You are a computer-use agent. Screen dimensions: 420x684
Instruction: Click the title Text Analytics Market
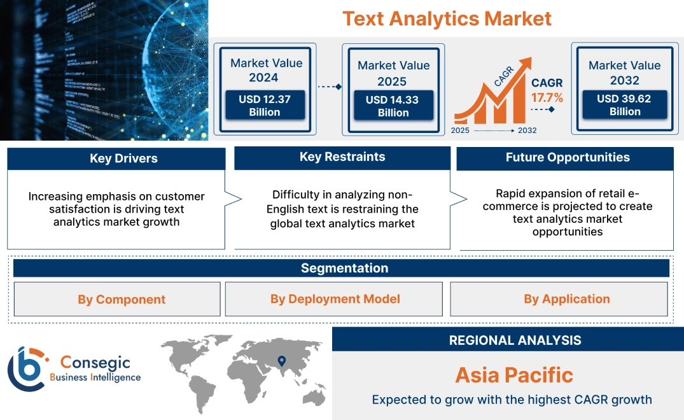click(447, 18)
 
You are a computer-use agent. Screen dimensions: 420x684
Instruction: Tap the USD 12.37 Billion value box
click(264, 106)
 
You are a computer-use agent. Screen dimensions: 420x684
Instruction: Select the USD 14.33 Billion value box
click(393, 106)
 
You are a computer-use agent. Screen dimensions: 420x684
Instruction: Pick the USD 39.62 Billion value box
click(624, 105)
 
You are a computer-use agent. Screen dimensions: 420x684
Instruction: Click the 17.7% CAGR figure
click(547, 98)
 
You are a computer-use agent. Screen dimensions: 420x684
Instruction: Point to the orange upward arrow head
click(525, 64)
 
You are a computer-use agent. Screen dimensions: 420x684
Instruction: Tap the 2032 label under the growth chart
click(527, 130)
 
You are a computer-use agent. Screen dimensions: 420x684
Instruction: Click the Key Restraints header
click(342, 157)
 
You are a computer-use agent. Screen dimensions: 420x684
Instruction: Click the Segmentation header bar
click(344, 268)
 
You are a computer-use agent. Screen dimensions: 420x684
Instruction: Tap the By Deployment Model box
click(335, 299)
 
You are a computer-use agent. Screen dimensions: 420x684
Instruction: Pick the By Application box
click(566, 299)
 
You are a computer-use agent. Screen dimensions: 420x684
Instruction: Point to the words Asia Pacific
click(514, 375)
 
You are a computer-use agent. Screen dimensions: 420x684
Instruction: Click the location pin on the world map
click(281, 362)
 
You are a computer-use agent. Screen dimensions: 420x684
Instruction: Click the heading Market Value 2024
click(266, 70)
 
